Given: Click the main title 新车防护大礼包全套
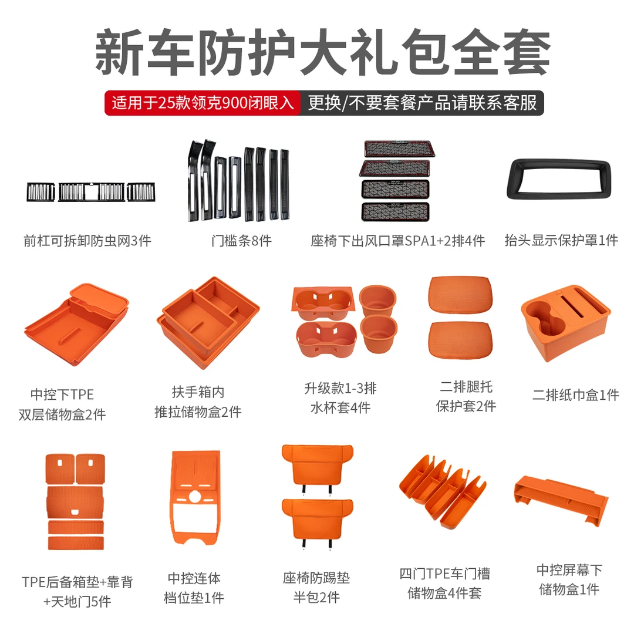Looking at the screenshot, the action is click(x=322, y=52).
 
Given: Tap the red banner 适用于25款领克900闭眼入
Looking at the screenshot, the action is click(x=203, y=103).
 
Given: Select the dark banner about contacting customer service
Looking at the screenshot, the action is click(x=422, y=103).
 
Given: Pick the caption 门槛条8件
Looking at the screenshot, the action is click(x=241, y=241).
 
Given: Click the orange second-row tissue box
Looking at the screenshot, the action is click(x=566, y=322).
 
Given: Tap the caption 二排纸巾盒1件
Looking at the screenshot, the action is click(x=576, y=394).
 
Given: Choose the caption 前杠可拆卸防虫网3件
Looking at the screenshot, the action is click(x=87, y=241).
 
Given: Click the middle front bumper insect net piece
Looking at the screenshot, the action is click(x=92, y=191).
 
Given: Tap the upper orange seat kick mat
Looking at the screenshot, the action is click(x=318, y=465).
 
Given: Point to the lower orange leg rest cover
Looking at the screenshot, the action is click(x=461, y=340).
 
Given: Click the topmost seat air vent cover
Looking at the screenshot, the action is click(x=399, y=148).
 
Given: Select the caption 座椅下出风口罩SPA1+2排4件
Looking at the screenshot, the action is click(x=397, y=241).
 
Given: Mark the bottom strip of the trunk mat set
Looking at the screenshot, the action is click(x=76, y=542).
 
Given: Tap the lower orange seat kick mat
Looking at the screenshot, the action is click(x=318, y=520).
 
